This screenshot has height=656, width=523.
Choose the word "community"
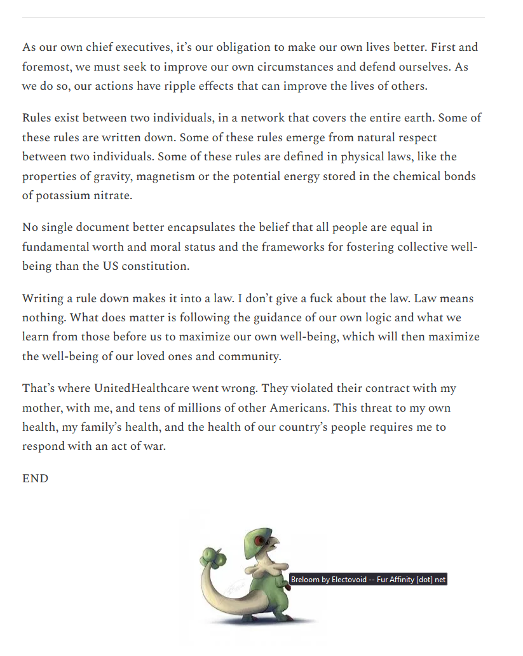(x=249, y=356)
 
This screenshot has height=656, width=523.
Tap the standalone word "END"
(x=35, y=478)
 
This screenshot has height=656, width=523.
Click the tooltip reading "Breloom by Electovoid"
(x=369, y=580)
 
